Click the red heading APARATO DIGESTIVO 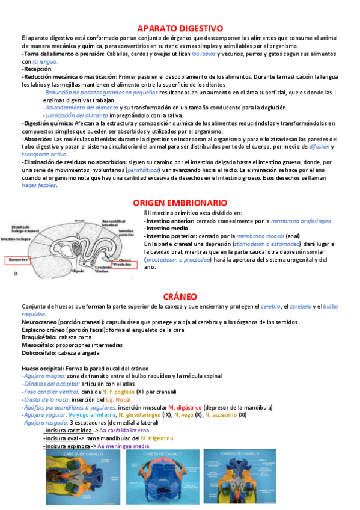(x=180, y=28)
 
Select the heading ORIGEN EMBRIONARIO (x=180, y=203)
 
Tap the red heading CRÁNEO (x=180, y=296)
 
